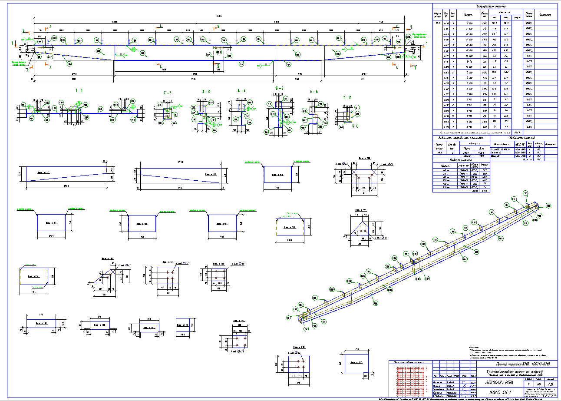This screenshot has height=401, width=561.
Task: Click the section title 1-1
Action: [79, 91]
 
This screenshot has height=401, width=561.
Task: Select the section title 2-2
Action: [167, 93]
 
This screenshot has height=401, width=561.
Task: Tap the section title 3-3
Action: [206, 92]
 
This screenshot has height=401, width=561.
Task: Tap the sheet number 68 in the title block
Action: [539, 384]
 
